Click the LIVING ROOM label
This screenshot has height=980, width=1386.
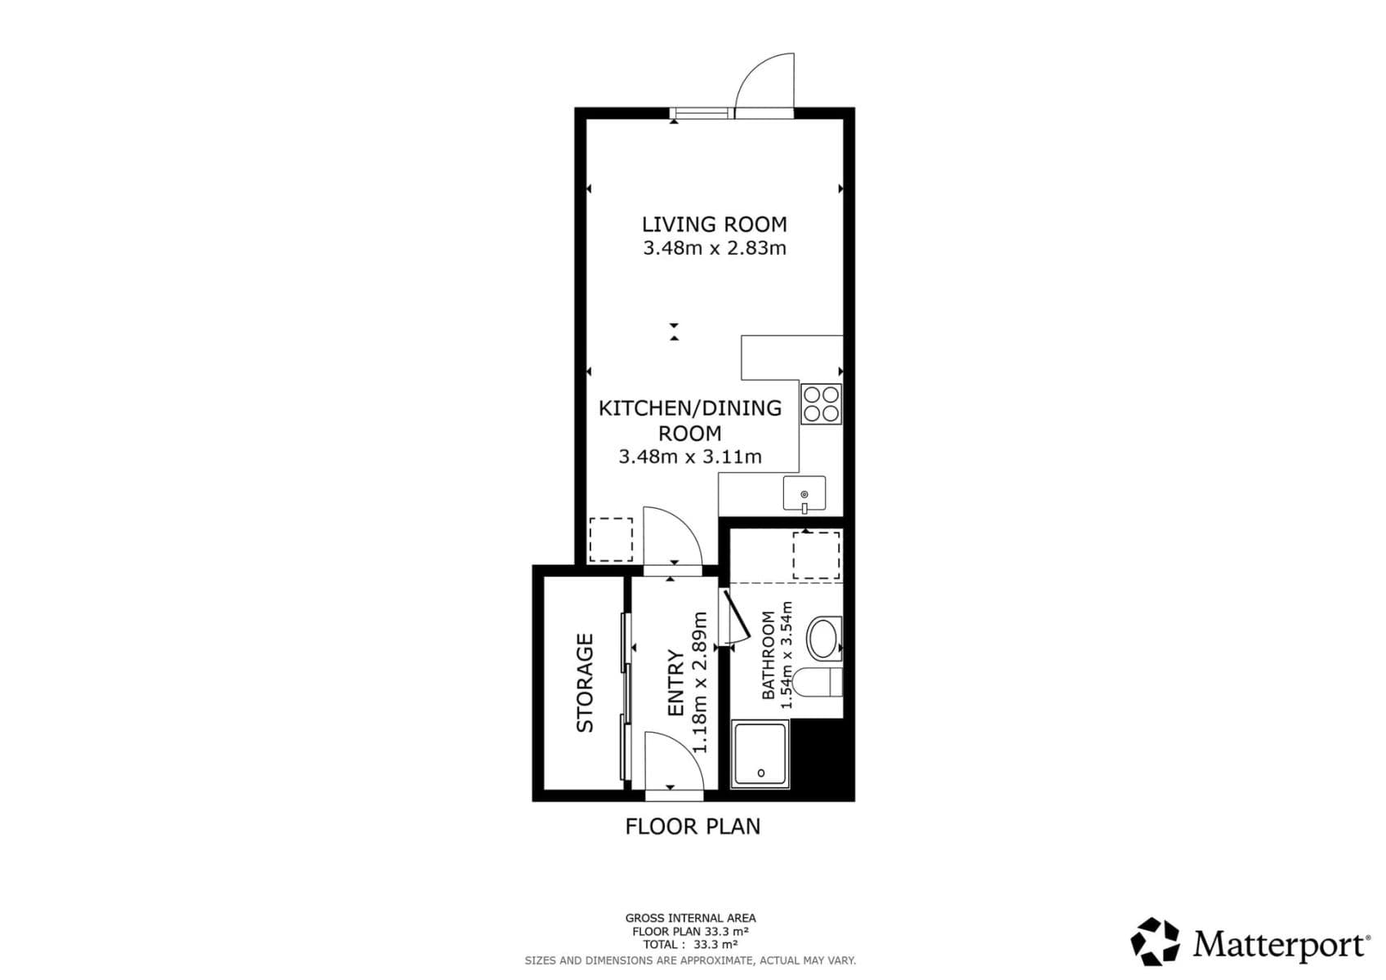[714, 224]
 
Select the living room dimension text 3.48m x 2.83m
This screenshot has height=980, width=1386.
[714, 248]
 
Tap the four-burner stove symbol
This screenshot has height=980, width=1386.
[821, 404]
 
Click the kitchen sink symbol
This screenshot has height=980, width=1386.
[804, 494]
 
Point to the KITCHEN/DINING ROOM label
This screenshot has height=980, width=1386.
[690, 420]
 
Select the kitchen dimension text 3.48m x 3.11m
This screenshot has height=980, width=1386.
[690, 457]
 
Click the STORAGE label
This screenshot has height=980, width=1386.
[585, 683]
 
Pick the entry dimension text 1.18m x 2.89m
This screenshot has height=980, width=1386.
[700, 683]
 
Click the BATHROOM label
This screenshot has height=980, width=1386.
[768, 655]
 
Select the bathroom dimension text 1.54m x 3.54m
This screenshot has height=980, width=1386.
[787, 655]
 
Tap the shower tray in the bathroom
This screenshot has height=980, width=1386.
[760, 755]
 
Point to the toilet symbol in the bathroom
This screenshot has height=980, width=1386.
[817, 682]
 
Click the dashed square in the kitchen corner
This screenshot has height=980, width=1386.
[610, 540]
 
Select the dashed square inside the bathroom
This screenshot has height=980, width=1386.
[816, 555]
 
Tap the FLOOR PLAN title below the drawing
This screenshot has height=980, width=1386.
[693, 826]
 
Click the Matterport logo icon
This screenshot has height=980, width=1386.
[1155, 942]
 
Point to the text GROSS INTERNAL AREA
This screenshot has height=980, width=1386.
[690, 918]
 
